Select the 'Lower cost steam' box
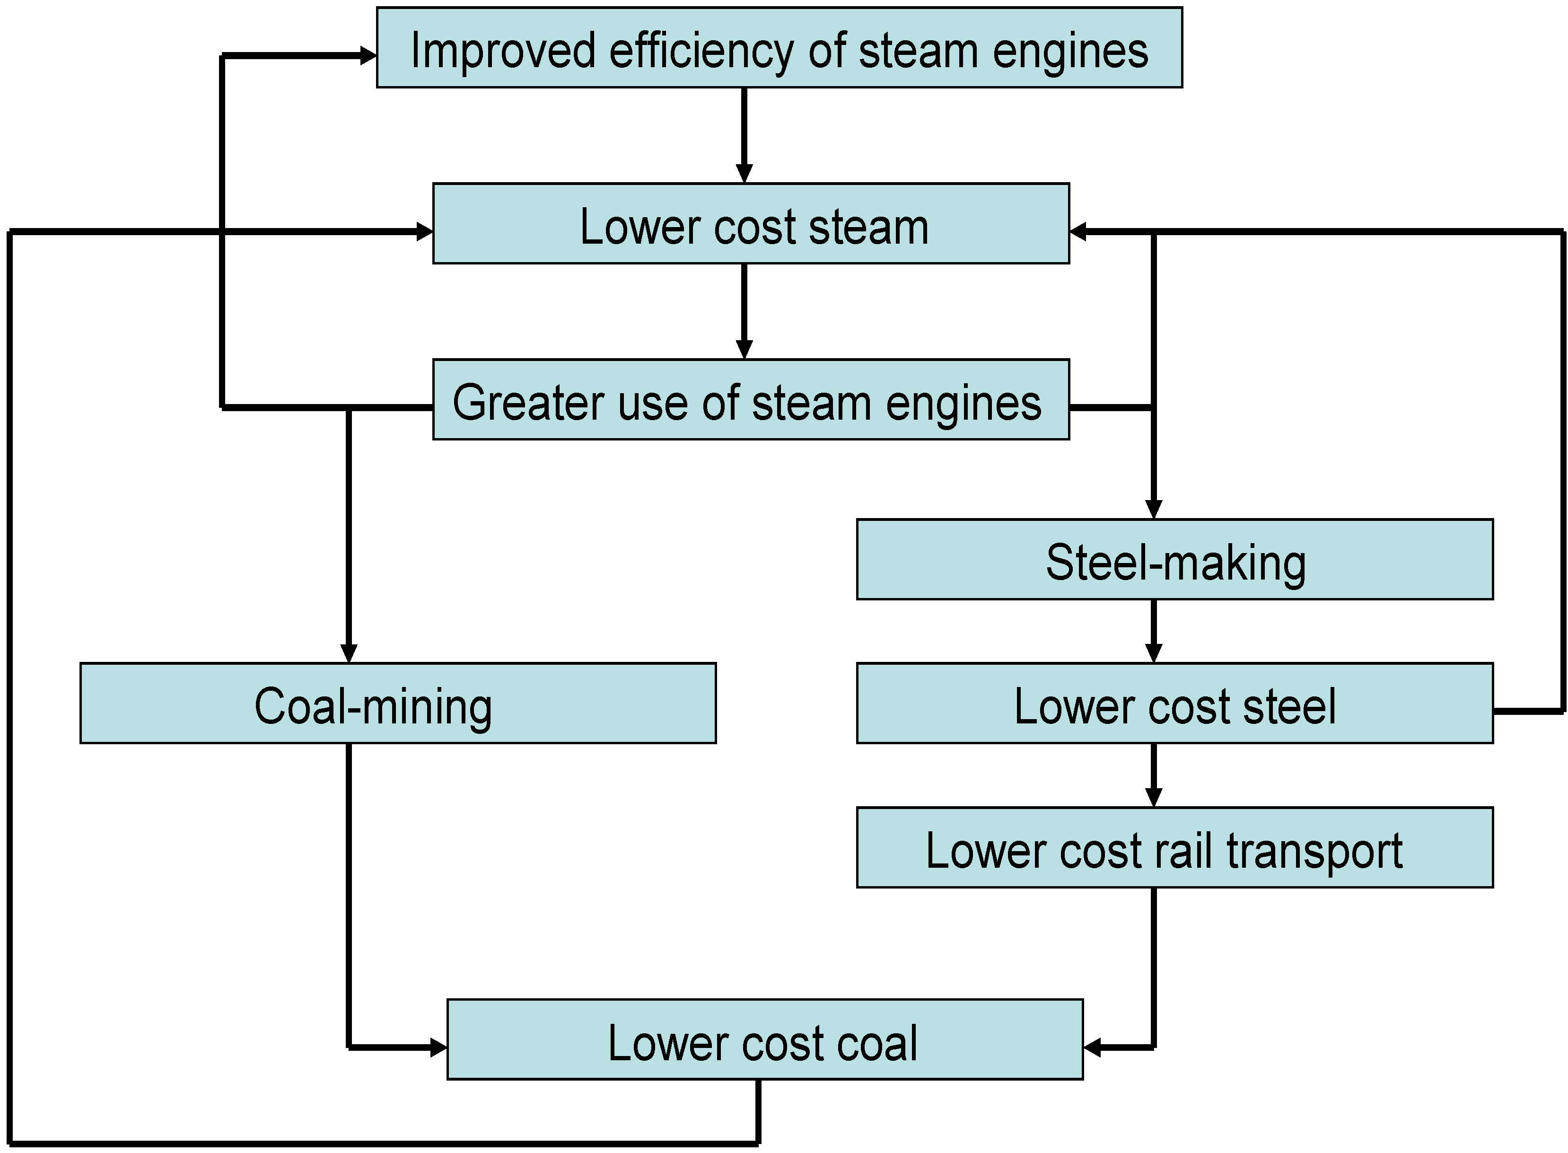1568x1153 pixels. click(751, 223)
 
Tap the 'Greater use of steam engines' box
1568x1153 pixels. click(751, 399)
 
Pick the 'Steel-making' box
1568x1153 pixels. click(1174, 559)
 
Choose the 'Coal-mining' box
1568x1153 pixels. click(398, 703)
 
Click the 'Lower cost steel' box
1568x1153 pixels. click(1174, 703)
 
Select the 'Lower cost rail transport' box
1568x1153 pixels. click(1174, 847)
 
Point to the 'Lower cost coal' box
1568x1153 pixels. click(765, 1039)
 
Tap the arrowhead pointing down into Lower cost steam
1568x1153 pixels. click(744, 173)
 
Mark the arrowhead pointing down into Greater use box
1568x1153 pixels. click(744, 349)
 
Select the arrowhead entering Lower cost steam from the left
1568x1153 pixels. click(424, 231)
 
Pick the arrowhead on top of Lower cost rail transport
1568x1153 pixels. click(1154, 797)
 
